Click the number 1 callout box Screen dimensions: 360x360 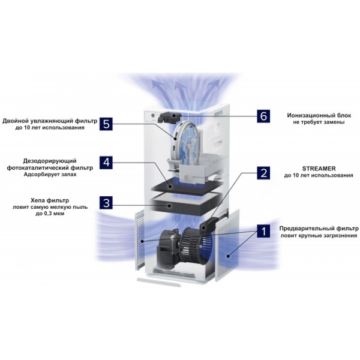(x=263, y=231)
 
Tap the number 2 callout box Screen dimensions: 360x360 (x=263, y=173)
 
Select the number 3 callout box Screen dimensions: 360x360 (x=106, y=203)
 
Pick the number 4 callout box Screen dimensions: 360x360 (x=106, y=163)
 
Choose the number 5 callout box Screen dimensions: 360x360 (x=106, y=124)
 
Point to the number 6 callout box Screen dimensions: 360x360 (x=263, y=116)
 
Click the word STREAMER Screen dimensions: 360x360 (x=319, y=169)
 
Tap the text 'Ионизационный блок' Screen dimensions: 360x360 (x=319, y=115)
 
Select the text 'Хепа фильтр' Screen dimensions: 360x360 (x=50, y=200)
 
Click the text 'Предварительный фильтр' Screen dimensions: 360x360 (x=319, y=229)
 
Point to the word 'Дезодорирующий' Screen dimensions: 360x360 (x=50, y=161)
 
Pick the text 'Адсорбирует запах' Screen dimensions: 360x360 (x=50, y=175)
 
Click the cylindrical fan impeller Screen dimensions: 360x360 (x=196, y=245)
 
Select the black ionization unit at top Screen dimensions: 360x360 (x=169, y=117)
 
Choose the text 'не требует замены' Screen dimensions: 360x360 (x=319, y=122)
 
